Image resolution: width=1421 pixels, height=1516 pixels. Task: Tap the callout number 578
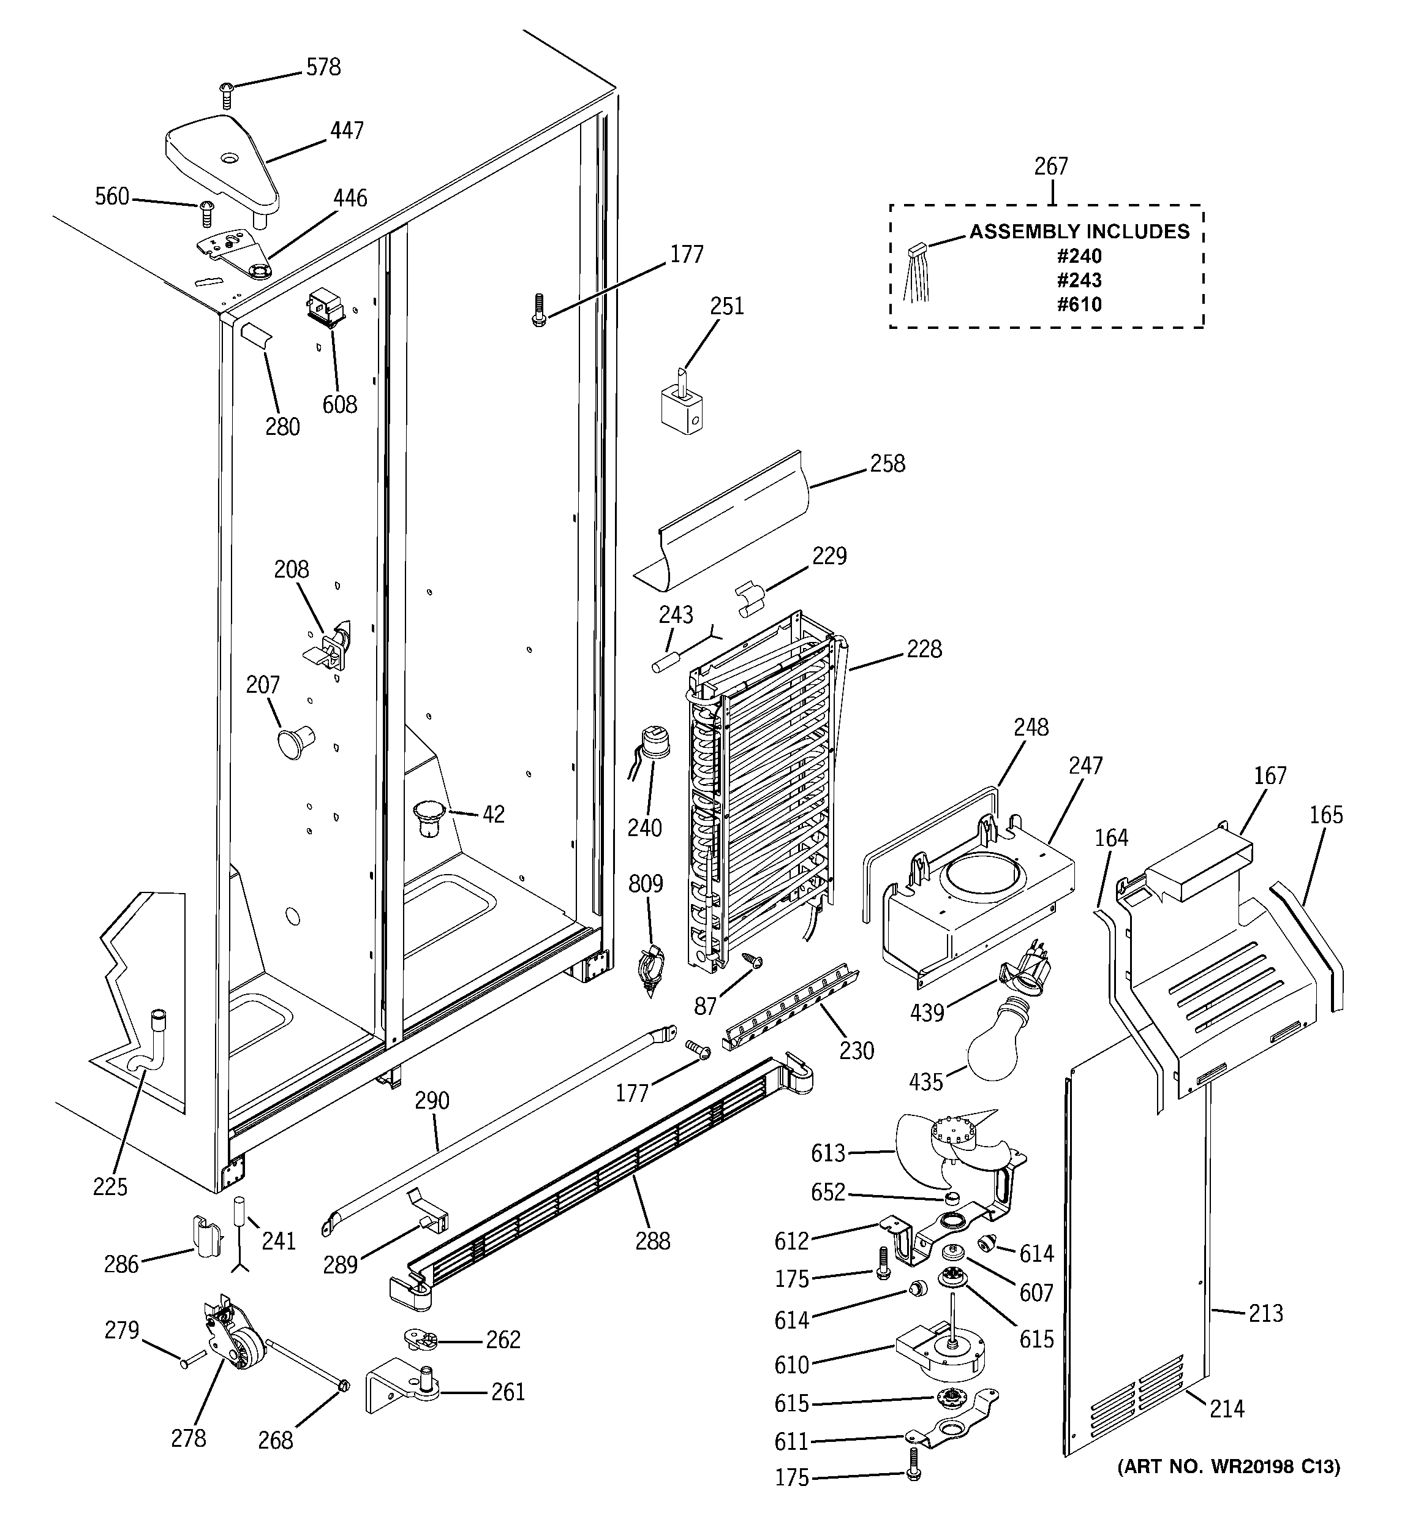click(323, 67)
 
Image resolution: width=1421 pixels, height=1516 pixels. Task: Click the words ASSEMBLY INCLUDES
click(1079, 232)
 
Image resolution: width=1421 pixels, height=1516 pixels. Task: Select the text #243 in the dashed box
click(1079, 280)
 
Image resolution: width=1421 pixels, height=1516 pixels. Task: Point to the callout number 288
click(653, 1241)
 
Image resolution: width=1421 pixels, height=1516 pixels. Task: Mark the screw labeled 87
click(753, 962)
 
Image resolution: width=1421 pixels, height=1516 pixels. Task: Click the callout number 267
click(1050, 166)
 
